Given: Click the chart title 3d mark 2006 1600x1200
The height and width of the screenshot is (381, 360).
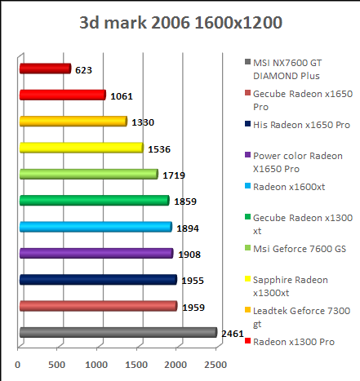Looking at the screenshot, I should pos(181,22).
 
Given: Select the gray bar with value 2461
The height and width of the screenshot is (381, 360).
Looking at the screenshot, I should pos(118,332).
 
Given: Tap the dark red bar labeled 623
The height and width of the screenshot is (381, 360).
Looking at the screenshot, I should pos(44,69).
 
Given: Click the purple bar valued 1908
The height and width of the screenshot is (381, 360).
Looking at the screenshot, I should pos(96,254).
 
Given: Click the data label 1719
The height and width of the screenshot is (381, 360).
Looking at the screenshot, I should pos(174,175).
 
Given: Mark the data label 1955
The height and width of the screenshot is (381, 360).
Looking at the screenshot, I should pos(193,281).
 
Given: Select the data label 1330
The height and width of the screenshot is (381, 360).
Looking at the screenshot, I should pos(143,122).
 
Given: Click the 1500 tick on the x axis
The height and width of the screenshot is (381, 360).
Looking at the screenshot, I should pos(137,364).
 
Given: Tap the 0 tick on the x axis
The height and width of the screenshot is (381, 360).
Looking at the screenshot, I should pos(19,364).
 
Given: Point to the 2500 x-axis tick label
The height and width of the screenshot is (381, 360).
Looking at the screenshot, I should pos(216,364).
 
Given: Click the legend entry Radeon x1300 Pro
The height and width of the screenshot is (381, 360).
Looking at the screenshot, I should pos(293,341).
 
